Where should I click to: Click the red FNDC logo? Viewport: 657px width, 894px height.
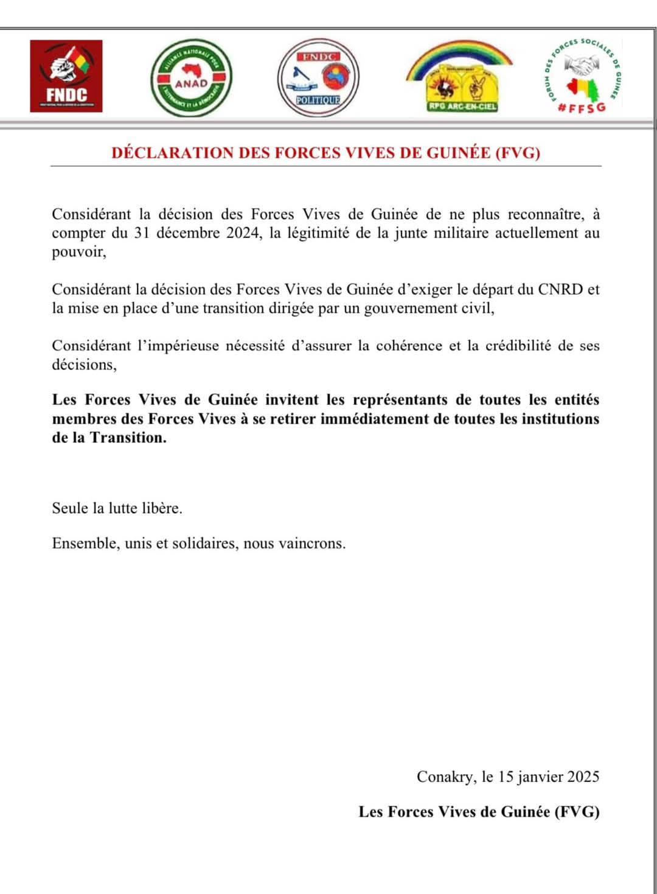66,76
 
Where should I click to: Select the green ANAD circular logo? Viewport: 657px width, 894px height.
191,78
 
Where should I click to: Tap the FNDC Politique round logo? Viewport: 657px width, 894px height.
318,78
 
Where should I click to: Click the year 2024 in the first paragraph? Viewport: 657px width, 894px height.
243,233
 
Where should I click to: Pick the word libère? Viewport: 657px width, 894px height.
162,508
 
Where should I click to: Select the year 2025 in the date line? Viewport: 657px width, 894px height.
583,777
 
